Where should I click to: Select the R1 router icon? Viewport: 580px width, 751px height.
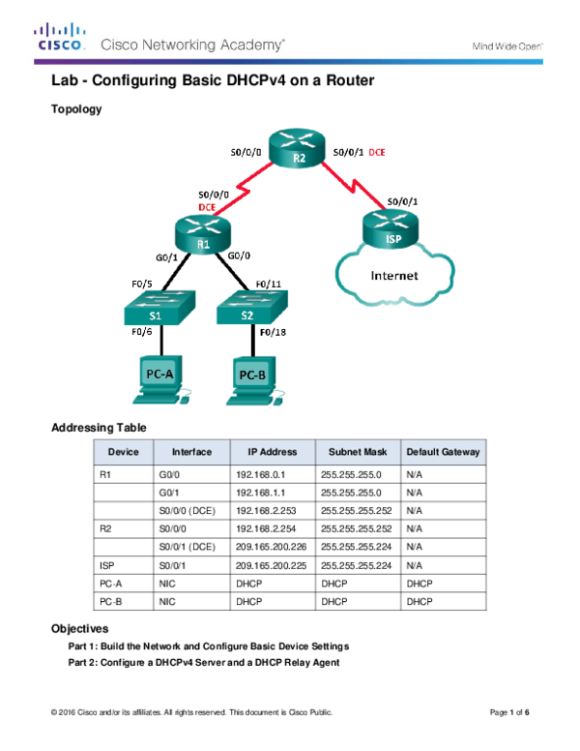click(203, 233)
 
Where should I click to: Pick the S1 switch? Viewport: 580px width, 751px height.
click(159, 308)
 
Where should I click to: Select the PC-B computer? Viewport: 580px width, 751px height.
click(252, 378)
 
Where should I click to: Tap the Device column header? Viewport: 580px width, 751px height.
click(124, 452)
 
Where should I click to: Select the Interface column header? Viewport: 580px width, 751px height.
click(191, 452)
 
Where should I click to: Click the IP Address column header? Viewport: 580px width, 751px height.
click(273, 452)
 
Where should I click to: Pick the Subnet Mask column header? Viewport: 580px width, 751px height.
click(358, 452)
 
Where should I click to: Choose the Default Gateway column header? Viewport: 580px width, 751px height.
click(443, 452)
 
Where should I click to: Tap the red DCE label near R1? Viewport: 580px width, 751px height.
click(206, 206)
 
